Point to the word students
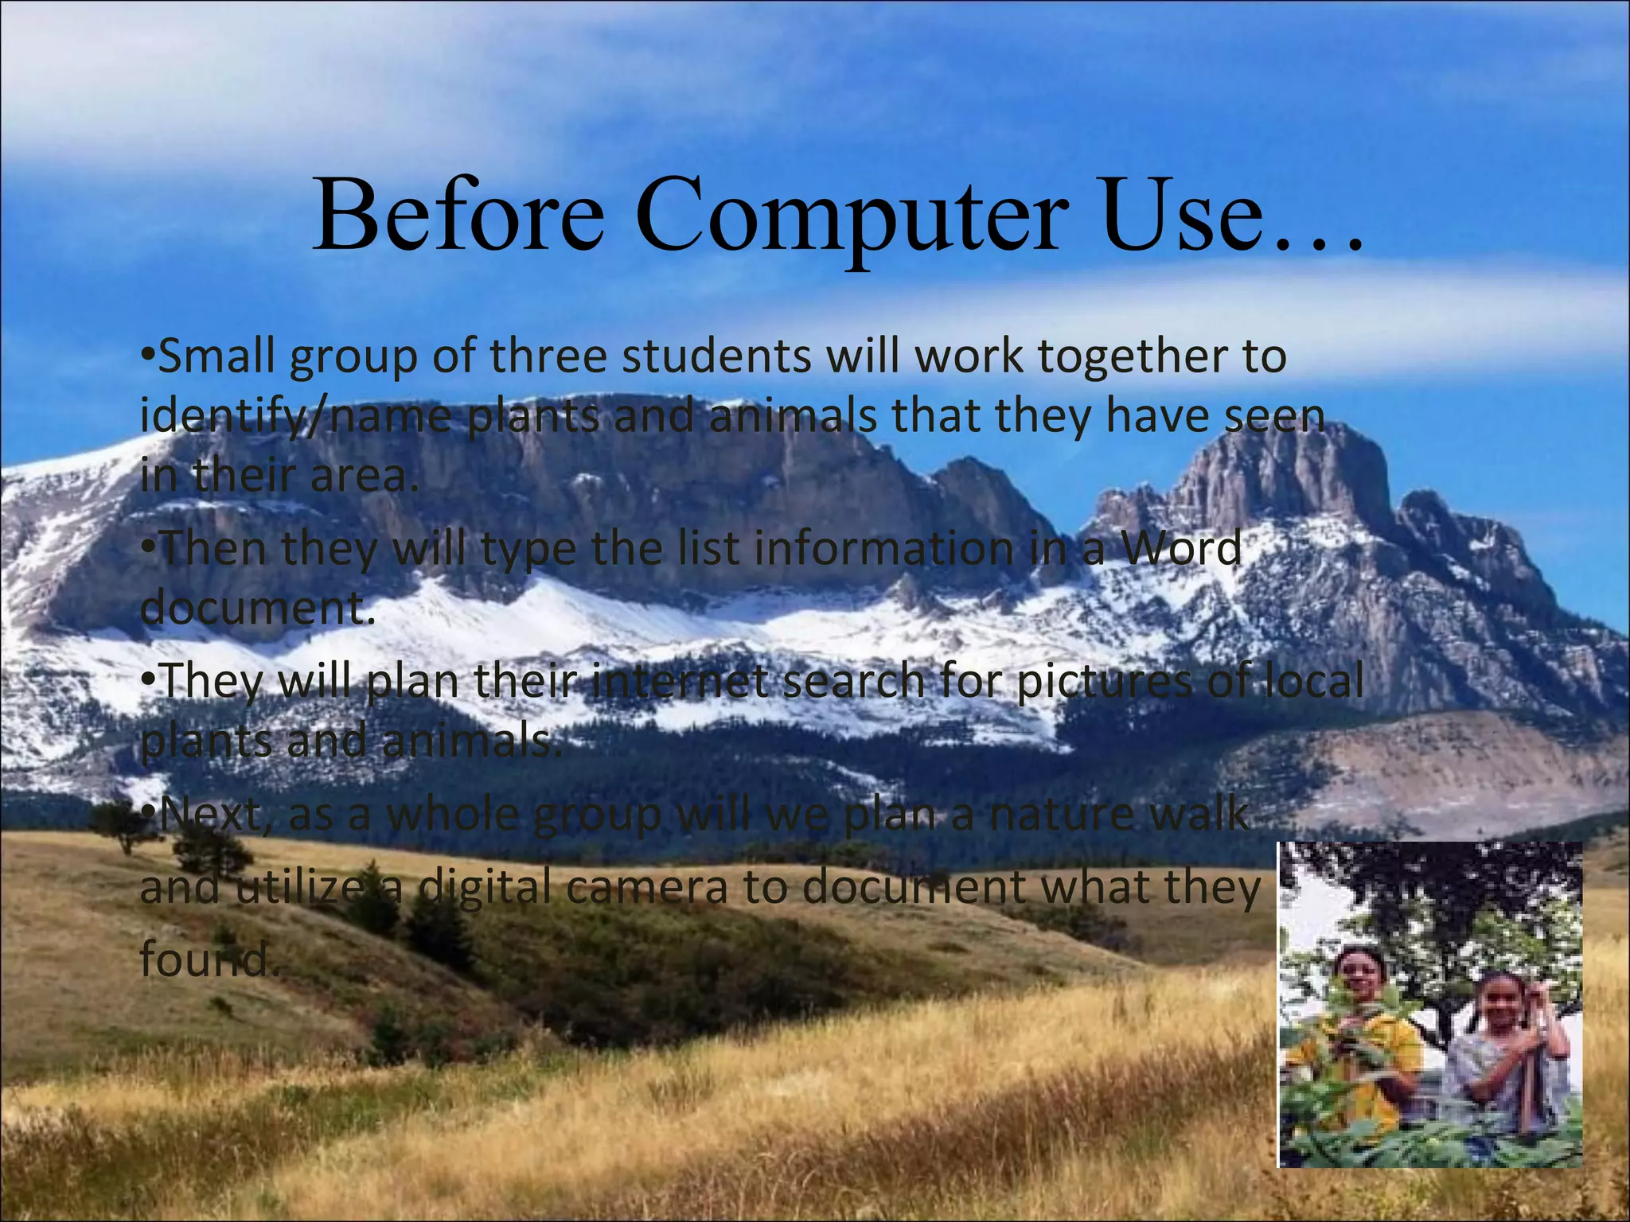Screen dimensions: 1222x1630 [x=716, y=356]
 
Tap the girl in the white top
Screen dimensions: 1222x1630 [x=1504, y=1050]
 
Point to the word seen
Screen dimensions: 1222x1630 [x=1274, y=417]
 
